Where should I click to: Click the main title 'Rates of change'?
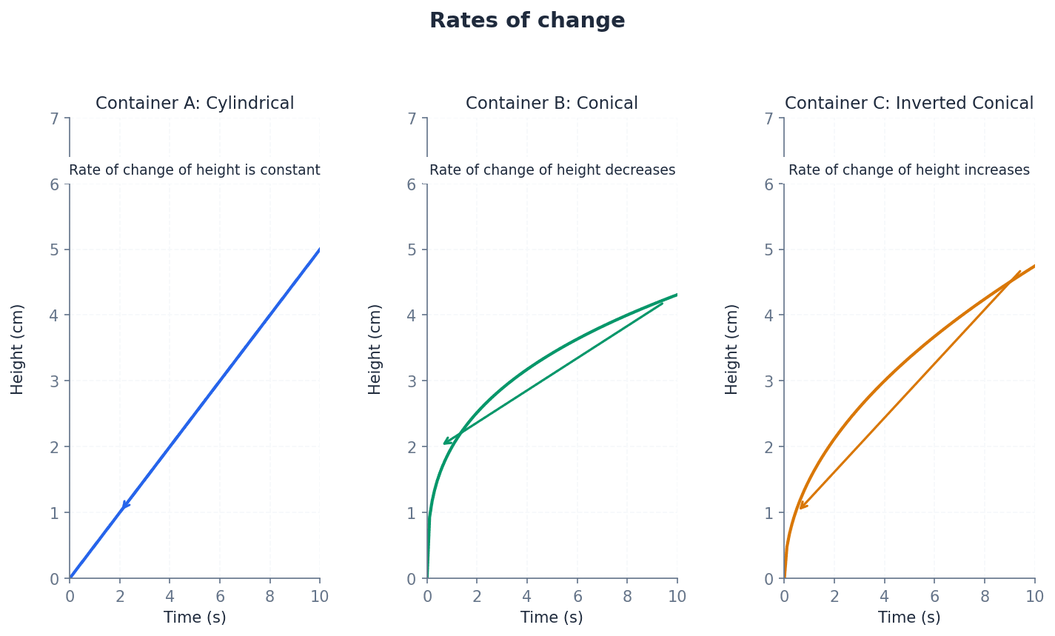pos(527,21)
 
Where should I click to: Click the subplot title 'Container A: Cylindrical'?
pos(195,104)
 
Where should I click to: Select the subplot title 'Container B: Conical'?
pos(552,104)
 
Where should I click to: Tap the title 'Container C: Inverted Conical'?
pos(908,104)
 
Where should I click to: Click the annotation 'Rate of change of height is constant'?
pos(195,170)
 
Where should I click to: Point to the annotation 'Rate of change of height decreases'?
pos(552,170)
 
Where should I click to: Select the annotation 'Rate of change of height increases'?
pos(908,170)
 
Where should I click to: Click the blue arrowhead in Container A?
pos(124,506)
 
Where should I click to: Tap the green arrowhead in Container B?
pos(446,442)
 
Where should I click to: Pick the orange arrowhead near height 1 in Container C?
pos(802,506)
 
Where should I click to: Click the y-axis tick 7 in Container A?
pos(55,118)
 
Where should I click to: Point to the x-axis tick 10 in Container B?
pos(677,597)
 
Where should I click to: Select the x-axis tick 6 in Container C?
pos(934,597)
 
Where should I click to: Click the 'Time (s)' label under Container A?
pos(195,617)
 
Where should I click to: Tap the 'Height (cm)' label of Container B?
pos(375,349)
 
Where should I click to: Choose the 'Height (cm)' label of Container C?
pos(732,349)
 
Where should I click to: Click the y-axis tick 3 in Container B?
pos(412,381)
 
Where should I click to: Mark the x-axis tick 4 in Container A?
pos(170,597)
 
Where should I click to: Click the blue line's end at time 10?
pos(319,250)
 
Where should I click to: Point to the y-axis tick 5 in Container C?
pos(769,250)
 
